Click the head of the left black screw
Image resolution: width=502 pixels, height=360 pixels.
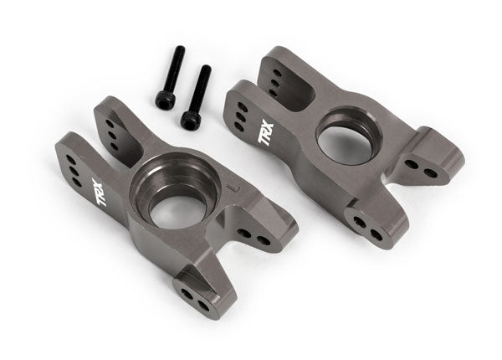[165, 100]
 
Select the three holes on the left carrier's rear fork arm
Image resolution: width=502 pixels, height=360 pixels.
[111, 129]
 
